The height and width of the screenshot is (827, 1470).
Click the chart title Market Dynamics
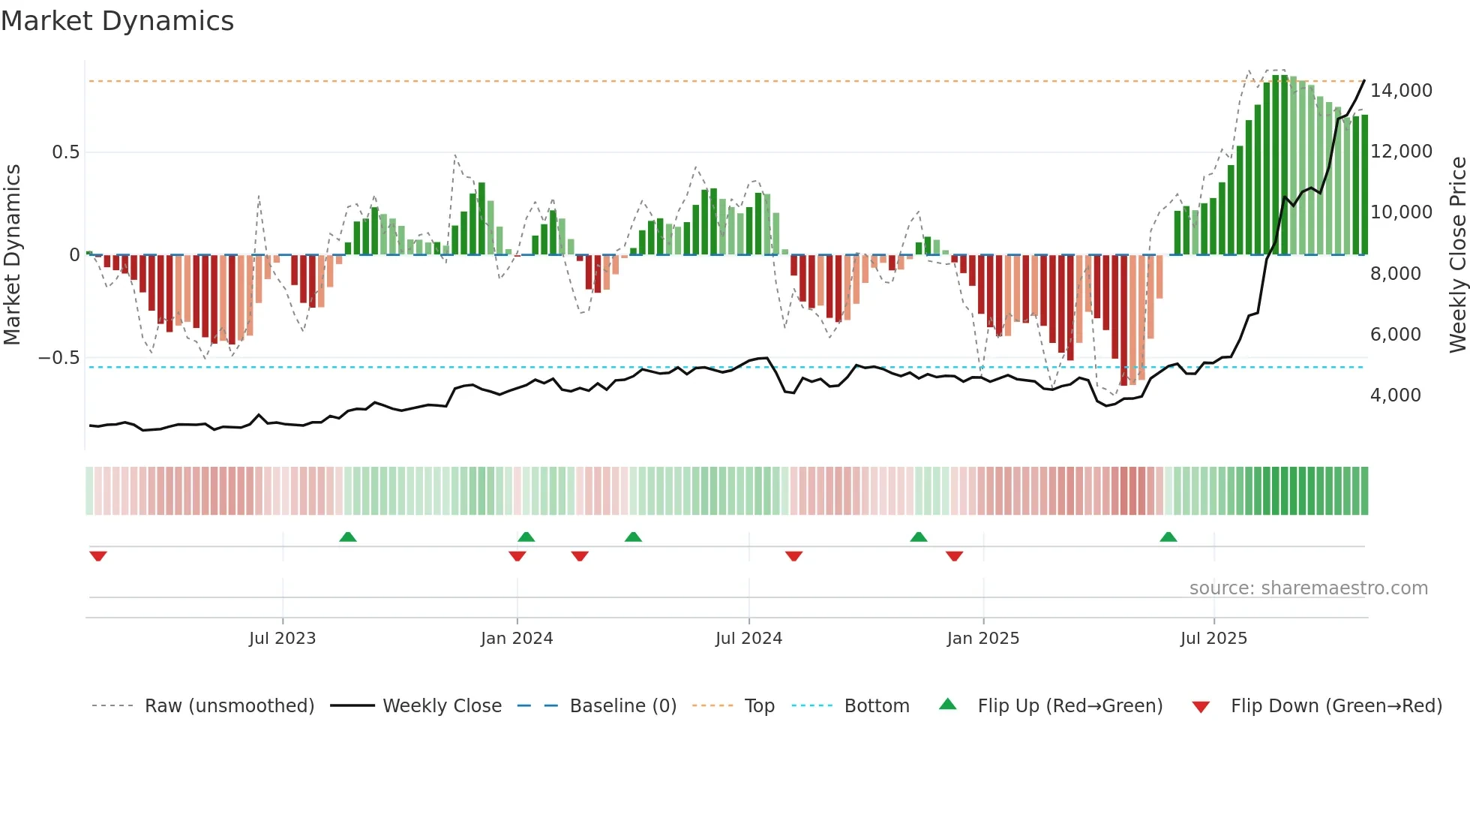coord(118,21)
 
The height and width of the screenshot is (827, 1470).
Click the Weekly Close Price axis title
coord(1457,254)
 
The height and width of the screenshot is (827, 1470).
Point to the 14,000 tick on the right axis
coord(1401,91)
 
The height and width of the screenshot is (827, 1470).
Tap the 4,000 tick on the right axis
coord(1395,395)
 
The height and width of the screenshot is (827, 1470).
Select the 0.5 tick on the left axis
coord(65,152)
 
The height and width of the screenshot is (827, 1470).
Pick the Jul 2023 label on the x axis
coord(282,639)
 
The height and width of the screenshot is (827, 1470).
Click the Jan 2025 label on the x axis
coord(982,639)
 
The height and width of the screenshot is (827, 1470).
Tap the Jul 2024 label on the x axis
coord(748,639)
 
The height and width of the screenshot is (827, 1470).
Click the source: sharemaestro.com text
coord(1308,588)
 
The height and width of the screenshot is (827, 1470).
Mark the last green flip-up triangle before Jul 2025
coord(1168,537)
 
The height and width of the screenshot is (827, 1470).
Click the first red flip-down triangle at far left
coord(98,556)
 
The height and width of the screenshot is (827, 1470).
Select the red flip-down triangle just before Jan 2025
coord(954,556)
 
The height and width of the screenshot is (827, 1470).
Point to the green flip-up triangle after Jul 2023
coord(347,537)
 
